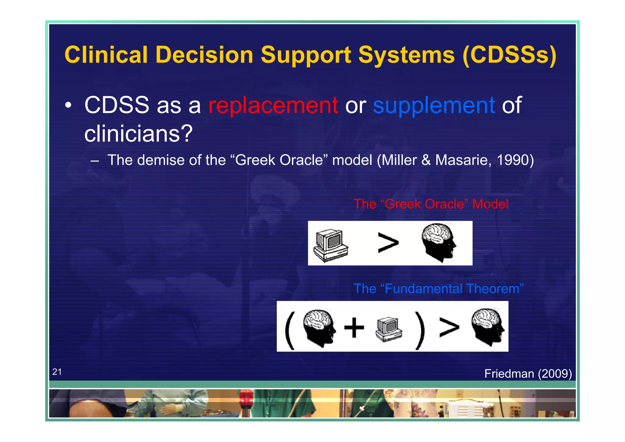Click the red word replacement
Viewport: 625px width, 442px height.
[x=273, y=105]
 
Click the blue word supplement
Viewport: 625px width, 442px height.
[x=434, y=105]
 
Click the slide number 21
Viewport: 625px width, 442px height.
[x=57, y=371]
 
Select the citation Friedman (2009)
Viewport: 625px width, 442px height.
[x=528, y=374]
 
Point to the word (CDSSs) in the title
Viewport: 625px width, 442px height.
[x=509, y=55]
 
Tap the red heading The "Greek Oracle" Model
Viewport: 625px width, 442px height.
[x=431, y=204]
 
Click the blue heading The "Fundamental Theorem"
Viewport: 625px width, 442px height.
[x=438, y=288]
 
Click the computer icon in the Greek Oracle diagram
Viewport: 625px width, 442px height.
[x=331, y=245]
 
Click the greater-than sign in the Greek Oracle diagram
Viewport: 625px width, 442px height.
[x=388, y=243]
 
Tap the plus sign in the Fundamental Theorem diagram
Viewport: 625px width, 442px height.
[x=354, y=328]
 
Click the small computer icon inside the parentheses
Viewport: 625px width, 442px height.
[x=388, y=330]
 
